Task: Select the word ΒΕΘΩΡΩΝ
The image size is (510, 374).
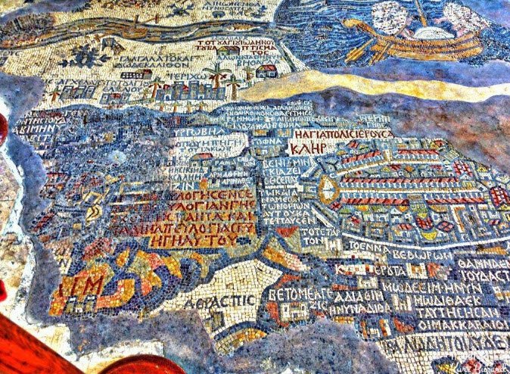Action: [x=427, y=256]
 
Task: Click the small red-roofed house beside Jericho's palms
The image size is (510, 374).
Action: [x=266, y=71]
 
